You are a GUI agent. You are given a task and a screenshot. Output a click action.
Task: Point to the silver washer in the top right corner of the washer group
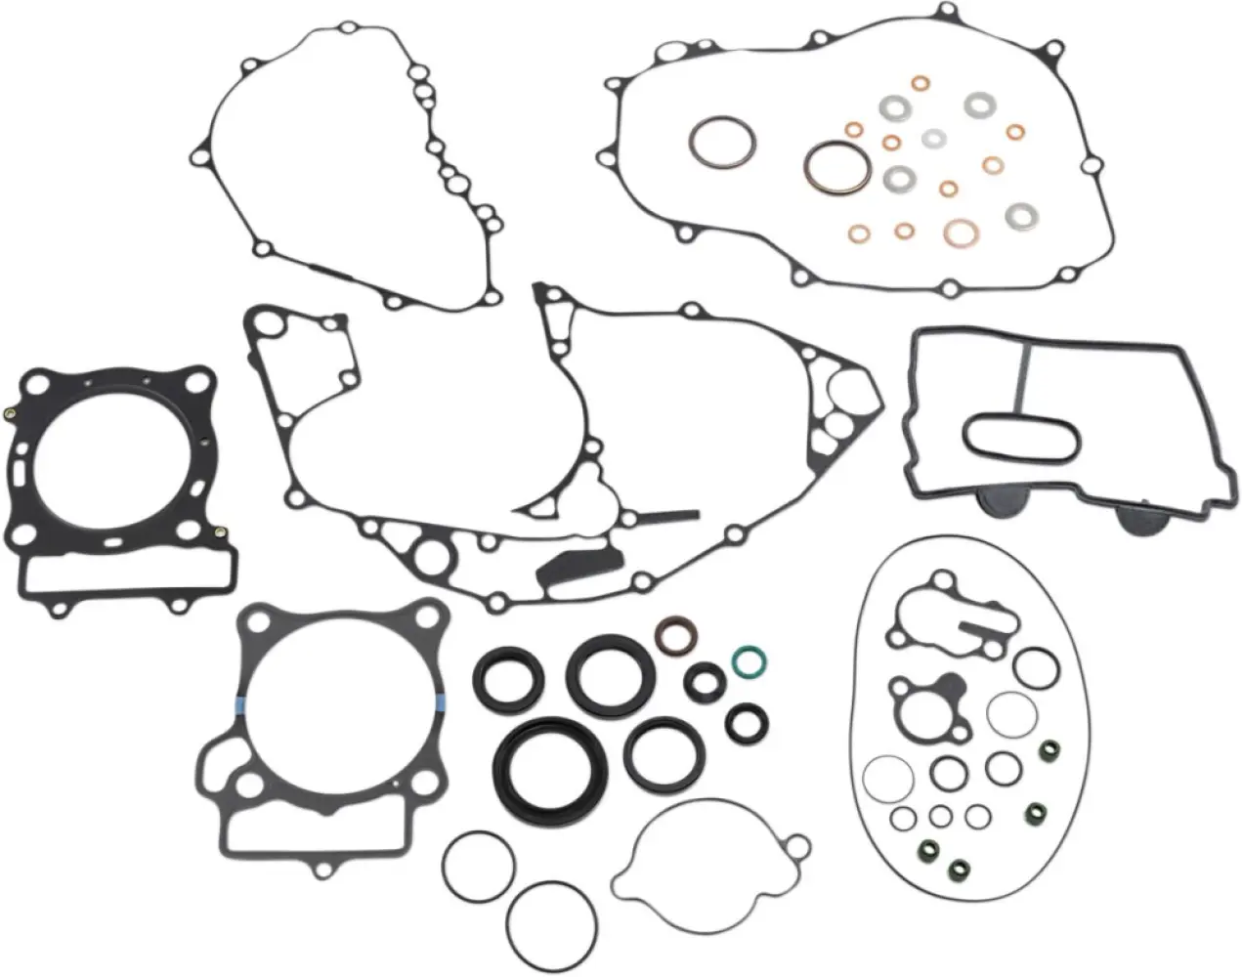click(x=977, y=103)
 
